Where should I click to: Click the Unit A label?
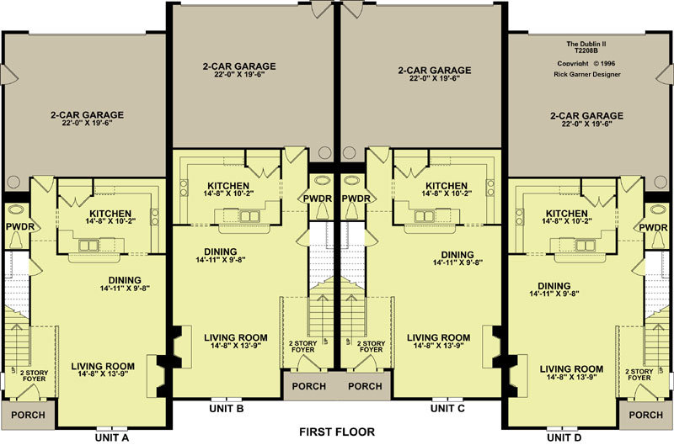[112, 437]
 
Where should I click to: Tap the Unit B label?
[227, 409]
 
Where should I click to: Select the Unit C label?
[447, 409]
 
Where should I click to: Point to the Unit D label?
[564, 437]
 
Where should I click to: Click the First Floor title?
[337, 432]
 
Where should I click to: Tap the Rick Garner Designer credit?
[586, 74]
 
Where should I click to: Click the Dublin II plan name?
[586, 44]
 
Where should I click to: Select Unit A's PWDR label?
[19, 226]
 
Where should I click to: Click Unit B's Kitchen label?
[228, 186]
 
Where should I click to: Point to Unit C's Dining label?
[457, 255]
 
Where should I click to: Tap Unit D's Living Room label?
[571, 369]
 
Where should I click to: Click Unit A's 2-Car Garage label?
[88, 115]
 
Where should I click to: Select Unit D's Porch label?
[645, 415]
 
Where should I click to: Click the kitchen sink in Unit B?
[249, 216]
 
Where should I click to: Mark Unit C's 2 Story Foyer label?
[371, 347]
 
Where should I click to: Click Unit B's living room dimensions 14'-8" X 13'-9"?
[236, 346]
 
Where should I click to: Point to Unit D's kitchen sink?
[586, 245]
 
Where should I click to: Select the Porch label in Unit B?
[308, 386]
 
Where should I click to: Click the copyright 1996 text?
[586, 63]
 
